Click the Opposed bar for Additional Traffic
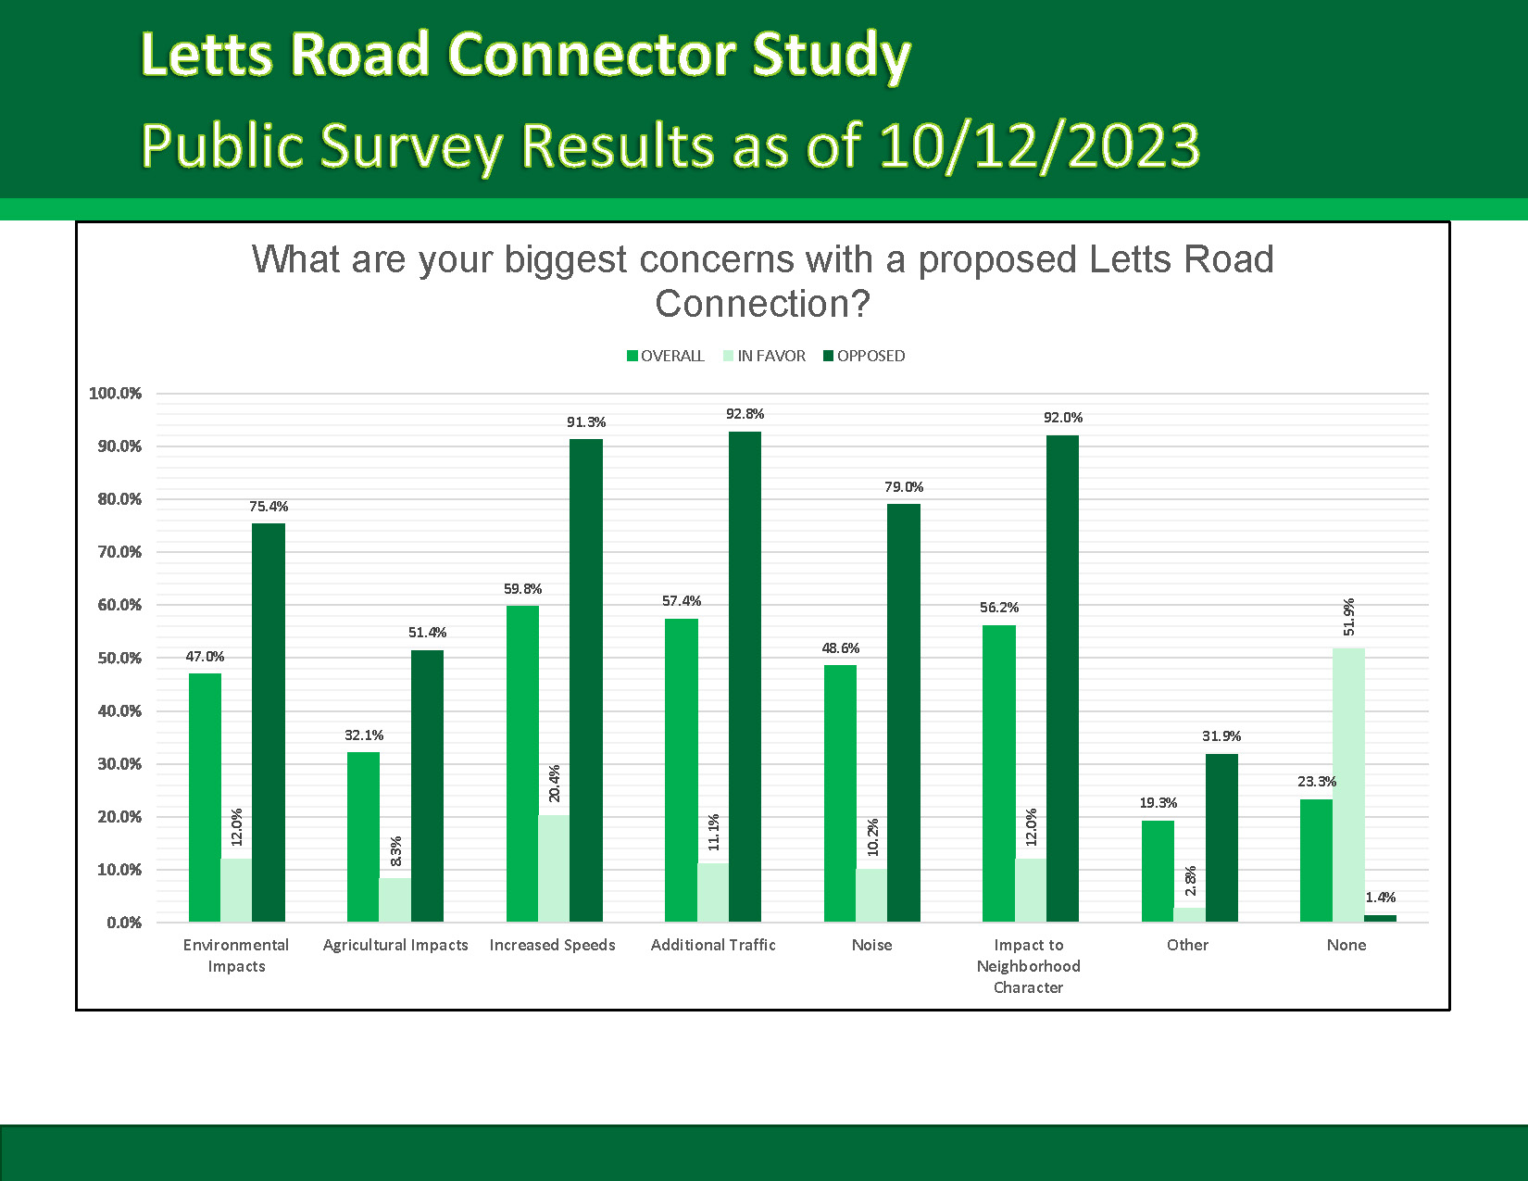point(745,676)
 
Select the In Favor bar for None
point(1348,785)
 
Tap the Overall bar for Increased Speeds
point(522,763)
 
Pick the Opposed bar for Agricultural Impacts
point(427,785)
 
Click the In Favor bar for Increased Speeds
point(554,868)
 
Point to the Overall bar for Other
point(1158,871)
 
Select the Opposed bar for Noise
point(904,712)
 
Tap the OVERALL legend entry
point(666,356)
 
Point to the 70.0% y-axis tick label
point(116,552)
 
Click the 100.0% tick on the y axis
point(116,394)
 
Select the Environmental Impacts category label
point(236,955)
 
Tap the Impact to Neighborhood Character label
point(1028,966)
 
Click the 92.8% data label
point(745,414)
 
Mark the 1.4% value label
point(1380,898)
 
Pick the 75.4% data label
point(269,507)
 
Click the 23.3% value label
point(1316,782)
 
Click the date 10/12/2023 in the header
point(1039,146)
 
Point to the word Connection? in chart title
point(762,304)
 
